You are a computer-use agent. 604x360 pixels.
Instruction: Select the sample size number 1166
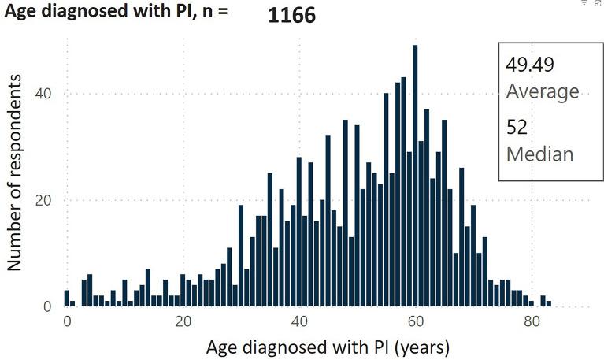coord(292,16)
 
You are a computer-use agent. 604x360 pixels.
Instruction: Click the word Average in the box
coord(542,91)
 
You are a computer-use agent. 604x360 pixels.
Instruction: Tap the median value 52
coord(517,127)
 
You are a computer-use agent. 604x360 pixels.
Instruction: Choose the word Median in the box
coord(539,153)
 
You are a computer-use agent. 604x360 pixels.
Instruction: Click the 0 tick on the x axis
coord(67,321)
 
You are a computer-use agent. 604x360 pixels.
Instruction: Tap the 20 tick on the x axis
coord(183,321)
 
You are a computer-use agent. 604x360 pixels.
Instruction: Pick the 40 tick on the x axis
coord(299,321)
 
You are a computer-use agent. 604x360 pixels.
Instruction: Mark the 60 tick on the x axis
coord(415,321)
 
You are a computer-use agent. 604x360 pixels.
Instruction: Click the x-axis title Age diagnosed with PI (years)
coord(328,346)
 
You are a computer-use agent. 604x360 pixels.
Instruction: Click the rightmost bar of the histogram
coord(549,303)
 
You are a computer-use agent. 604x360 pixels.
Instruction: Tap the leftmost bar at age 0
coord(67,298)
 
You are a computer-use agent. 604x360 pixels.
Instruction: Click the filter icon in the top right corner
coord(584,3)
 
